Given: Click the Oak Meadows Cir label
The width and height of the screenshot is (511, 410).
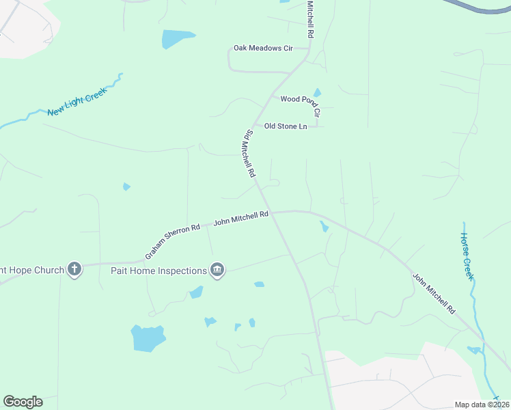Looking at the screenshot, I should click(x=262, y=49).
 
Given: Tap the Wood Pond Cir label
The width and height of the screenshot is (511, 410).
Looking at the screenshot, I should click(x=301, y=100).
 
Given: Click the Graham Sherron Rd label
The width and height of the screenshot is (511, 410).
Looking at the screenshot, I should click(x=172, y=241).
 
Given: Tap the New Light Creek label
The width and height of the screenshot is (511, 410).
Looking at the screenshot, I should click(x=77, y=101).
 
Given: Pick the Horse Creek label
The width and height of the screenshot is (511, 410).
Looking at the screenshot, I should click(x=467, y=256).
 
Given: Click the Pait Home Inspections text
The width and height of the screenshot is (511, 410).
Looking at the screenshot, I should click(x=158, y=271).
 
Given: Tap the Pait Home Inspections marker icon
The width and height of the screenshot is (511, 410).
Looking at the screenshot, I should click(x=217, y=271).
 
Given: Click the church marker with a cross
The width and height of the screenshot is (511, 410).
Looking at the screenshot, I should click(x=74, y=270).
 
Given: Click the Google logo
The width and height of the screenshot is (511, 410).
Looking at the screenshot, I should click(x=23, y=402).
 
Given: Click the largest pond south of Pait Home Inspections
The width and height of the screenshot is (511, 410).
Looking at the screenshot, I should click(x=148, y=338).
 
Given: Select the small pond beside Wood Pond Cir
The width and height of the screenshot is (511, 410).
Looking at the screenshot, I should click(x=317, y=92).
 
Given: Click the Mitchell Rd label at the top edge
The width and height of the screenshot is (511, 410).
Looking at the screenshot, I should click(x=310, y=19).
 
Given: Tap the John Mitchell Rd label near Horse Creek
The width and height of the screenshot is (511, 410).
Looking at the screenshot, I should click(x=434, y=293).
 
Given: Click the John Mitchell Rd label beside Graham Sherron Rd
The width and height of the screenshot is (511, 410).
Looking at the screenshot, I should click(x=241, y=218).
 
